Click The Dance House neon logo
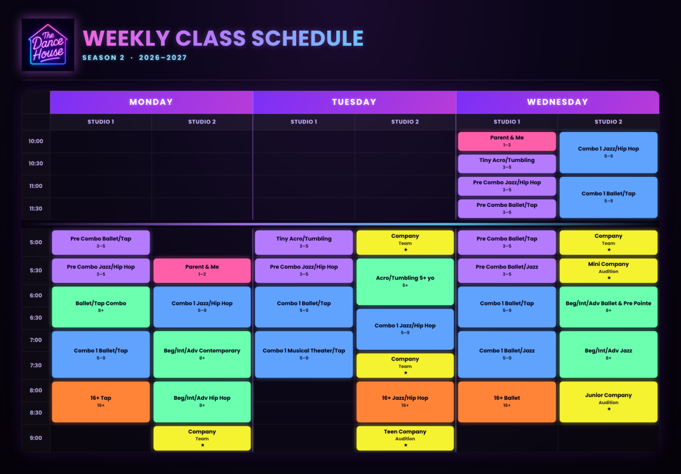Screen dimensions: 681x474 (48, 45)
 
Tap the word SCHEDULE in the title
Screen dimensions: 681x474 (308, 38)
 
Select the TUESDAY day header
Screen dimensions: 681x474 (354, 102)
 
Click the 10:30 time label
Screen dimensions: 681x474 (36, 163)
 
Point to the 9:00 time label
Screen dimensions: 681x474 (36, 438)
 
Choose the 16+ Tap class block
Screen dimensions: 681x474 (101, 402)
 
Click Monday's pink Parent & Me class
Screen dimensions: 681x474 (202, 270)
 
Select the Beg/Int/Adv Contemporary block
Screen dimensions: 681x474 (202, 354)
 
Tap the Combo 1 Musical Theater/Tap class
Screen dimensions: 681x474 (304, 354)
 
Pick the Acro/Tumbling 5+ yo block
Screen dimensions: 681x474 (405, 282)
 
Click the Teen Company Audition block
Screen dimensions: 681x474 (405, 438)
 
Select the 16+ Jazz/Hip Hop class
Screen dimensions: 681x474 (405, 402)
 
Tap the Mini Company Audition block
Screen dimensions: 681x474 (609, 270)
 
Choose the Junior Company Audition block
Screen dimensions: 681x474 (609, 402)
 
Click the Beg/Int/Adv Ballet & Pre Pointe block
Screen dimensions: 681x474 (609, 307)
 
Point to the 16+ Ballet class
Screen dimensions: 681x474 (507, 402)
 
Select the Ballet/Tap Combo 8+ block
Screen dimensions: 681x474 (101, 307)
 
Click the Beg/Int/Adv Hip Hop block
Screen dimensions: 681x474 (202, 402)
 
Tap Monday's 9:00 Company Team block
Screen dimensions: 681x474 (202, 438)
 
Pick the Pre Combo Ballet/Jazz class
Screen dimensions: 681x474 (507, 270)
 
